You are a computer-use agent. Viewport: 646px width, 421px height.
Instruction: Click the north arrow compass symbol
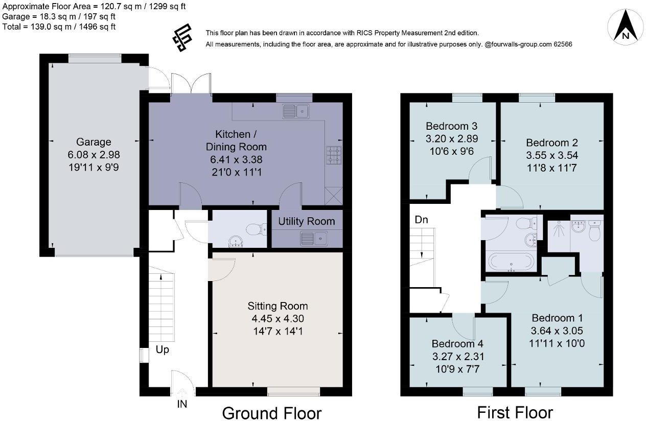[x=625, y=27]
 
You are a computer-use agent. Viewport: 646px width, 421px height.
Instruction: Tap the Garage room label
[x=94, y=142]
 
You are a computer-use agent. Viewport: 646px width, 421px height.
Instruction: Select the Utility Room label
[x=307, y=221]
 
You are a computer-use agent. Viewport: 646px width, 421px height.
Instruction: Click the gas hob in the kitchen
[x=334, y=155]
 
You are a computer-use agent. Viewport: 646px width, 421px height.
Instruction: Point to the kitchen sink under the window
[x=296, y=111]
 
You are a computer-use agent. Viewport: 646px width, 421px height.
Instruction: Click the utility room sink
[x=313, y=239]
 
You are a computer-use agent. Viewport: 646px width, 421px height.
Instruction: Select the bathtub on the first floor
[x=511, y=262]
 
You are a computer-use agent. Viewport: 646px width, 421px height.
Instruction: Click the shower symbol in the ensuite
[x=559, y=229]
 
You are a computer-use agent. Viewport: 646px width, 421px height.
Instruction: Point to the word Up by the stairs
[x=163, y=350]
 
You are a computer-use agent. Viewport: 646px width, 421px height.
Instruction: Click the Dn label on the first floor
[x=421, y=220]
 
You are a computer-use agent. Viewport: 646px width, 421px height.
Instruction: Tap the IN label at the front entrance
[x=182, y=404]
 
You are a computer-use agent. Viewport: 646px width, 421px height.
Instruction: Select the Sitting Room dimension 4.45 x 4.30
[x=278, y=319]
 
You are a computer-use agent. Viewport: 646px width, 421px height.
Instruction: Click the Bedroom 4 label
[x=457, y=344]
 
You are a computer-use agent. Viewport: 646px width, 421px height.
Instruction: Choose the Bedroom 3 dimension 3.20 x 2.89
[x=452, y=138]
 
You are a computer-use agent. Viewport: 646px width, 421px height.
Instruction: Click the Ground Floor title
[x=272, y=413]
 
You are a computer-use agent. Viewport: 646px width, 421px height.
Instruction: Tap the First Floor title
[x=515, y=412]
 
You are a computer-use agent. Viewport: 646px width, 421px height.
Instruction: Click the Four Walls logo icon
[x=182, y=38]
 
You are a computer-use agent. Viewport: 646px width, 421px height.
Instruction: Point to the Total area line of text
[x=59, y=27]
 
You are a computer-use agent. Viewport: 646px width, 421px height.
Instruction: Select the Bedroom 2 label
[x=551, y=143]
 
